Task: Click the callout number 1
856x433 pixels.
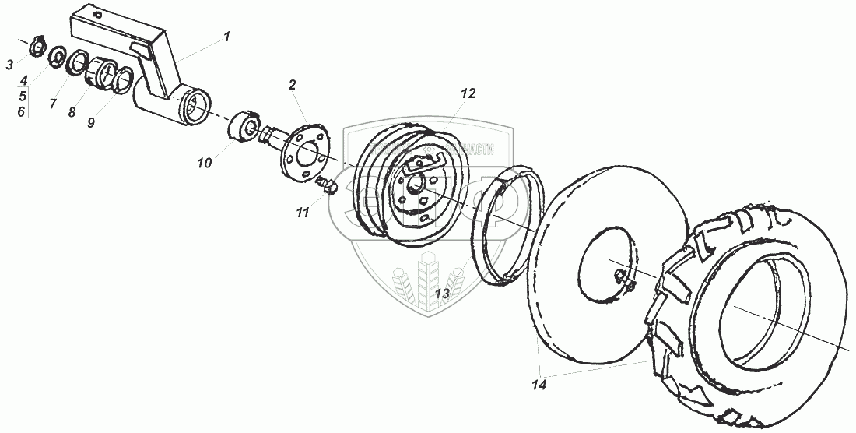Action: point(226,36)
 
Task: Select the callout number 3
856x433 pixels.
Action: point(9,65)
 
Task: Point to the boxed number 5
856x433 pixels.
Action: point(23,96)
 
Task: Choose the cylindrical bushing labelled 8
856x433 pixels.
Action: point(99,73)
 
